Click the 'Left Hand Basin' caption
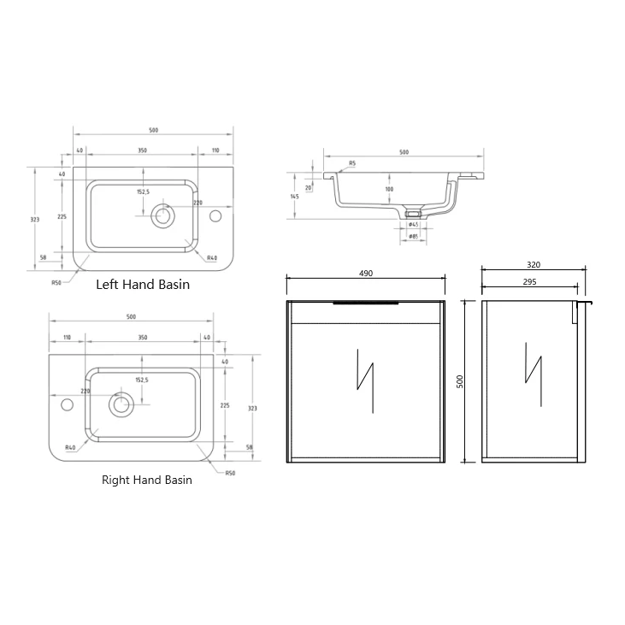(x=143, y=284)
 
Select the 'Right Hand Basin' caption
(x=147, y=480)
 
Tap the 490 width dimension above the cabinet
(x=365, y=273)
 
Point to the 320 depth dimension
(x=534, y=265)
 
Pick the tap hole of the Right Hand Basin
(x=65, y=404)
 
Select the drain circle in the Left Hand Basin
(x=162, y=215)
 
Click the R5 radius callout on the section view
(x=351, y=162)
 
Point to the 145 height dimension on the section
(x=294, y=197)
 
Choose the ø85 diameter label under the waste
(x=412, y=236)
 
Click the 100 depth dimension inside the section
(x=389, y=189)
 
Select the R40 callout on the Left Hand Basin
(x=212, y=257)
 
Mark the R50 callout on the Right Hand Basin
(x=231, y=473)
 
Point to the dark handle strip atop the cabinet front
(x=365, y=302)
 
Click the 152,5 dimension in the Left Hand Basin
(x=143, y=192)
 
